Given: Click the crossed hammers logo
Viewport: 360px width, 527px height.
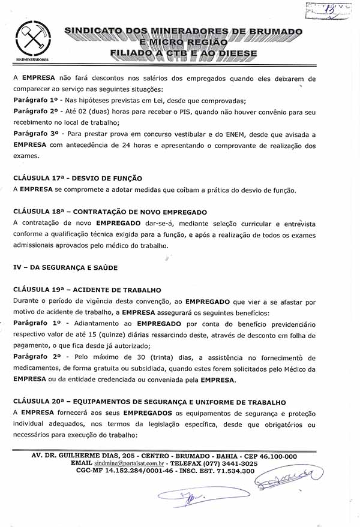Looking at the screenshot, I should [x=32, y=39].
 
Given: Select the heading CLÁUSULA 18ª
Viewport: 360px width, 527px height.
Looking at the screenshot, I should [x=110, y=212].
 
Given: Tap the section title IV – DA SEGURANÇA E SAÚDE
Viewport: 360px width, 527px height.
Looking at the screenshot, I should [x=65, y=267].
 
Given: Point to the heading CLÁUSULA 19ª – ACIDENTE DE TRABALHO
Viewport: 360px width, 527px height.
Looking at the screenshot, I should [x=87, y=290].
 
